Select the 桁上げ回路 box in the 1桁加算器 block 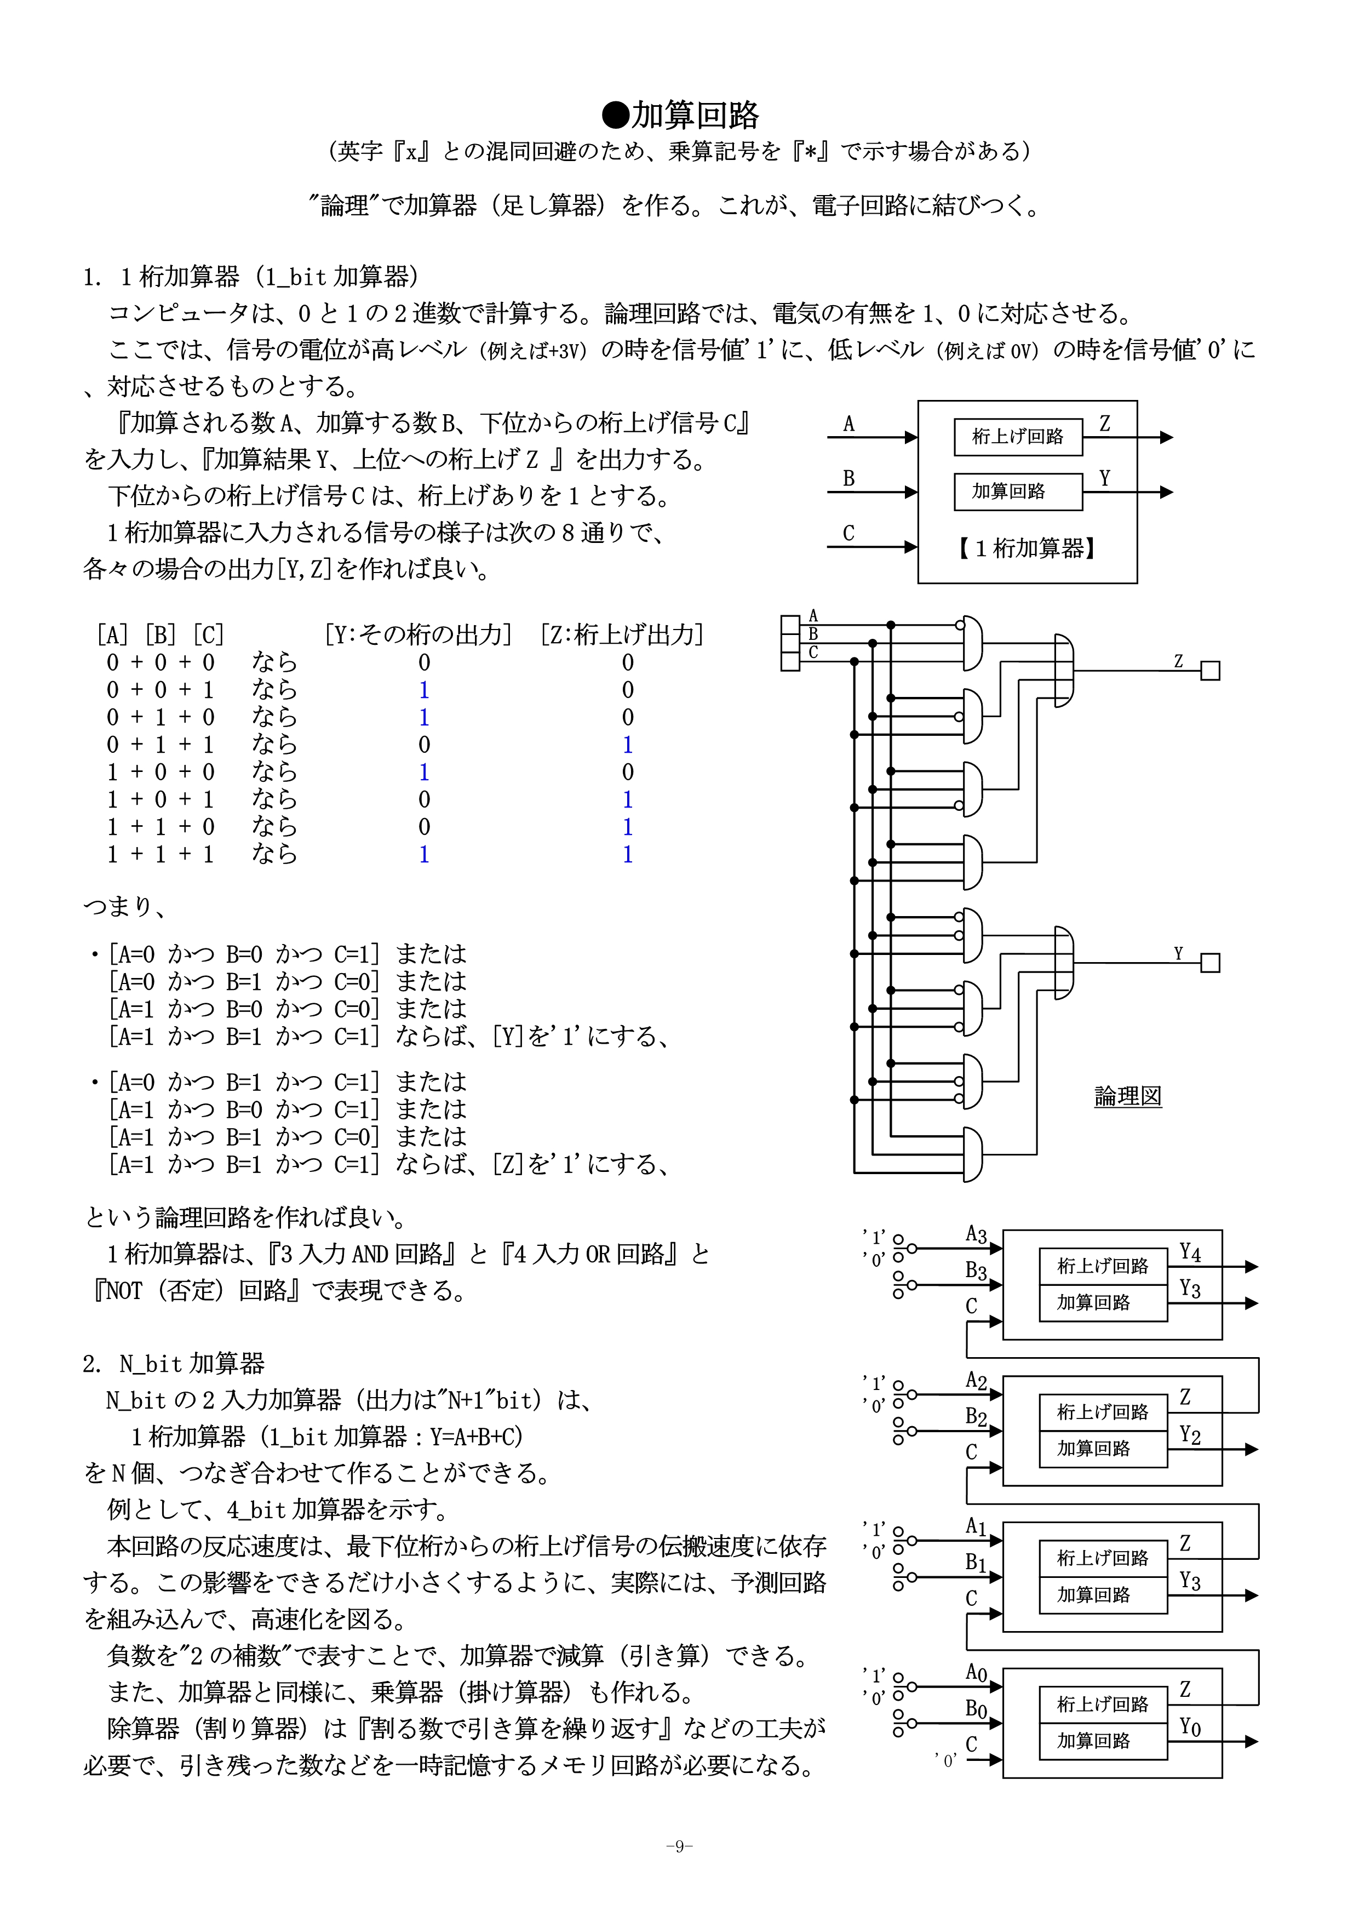(1018, 436)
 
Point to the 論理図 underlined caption (1127, 1096)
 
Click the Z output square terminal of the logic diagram (1210, 671)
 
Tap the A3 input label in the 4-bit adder (976, 1234)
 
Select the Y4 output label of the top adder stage (1190, 1253)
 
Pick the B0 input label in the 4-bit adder (976, 1708)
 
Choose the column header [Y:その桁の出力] (417, 634)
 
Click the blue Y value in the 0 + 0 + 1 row (425, 690)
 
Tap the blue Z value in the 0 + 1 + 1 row (628, 744)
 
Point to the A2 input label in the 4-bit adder (976, 1380)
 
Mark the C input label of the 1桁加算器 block (848, 533)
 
